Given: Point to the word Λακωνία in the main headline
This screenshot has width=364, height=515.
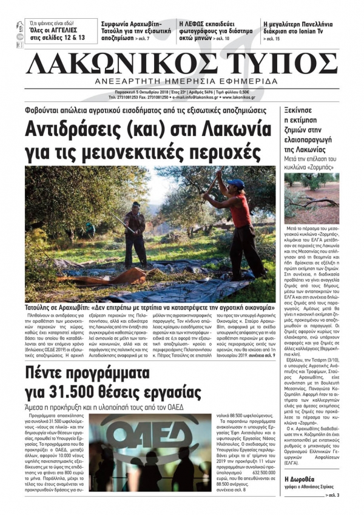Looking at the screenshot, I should click(239, 129).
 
